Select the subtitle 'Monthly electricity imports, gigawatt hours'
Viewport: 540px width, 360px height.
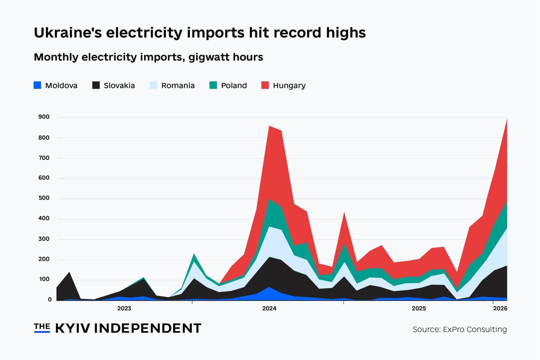tap(148, 57)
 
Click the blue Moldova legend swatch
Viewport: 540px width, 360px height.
tap(38, 85)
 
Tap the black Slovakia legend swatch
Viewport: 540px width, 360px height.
tap(96, 85)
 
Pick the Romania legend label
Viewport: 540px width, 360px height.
tap(178, 86)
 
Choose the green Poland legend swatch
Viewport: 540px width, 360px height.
tap(213, 85)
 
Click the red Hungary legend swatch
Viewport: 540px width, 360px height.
tap(265, 85)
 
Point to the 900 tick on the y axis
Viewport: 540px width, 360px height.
tap(44, 117)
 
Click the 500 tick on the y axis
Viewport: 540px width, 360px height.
tap(44, 198)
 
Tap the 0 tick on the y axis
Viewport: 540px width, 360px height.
tap(49, 299)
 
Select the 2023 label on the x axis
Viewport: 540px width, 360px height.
tap(124, 309)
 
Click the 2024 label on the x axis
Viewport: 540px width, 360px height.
tap(269, 309)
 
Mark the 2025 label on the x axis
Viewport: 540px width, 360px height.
tap(418, 309)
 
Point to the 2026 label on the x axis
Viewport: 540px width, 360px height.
tap(500, 309)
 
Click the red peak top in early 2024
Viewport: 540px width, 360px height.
tap(269, 126)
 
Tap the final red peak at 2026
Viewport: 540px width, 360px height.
tap(506, 120)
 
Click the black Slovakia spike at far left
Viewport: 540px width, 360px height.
tap(69, 273)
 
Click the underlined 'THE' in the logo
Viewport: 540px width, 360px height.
tap(42, 327)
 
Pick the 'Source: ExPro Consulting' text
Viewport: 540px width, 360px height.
tap(459, 329)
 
